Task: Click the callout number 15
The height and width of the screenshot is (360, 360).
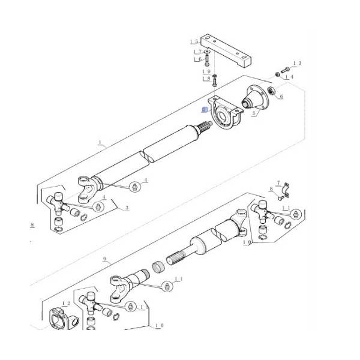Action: [194, 42]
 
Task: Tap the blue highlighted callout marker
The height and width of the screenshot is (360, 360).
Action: [204, 110]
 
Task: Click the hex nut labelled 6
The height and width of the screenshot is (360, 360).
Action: [271, 91]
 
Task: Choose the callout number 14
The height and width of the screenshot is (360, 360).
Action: [289, 77]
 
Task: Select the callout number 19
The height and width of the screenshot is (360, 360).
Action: [206, 71]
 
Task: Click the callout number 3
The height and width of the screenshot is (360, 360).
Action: [127, 208]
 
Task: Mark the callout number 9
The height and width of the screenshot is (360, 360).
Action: [104, 259]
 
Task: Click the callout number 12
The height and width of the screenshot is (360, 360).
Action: [65, 304]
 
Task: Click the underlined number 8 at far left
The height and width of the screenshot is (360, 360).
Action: [31, 225]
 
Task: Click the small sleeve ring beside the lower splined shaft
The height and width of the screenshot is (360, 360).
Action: [160, 266]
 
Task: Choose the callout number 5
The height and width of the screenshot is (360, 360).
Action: [253, 113]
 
